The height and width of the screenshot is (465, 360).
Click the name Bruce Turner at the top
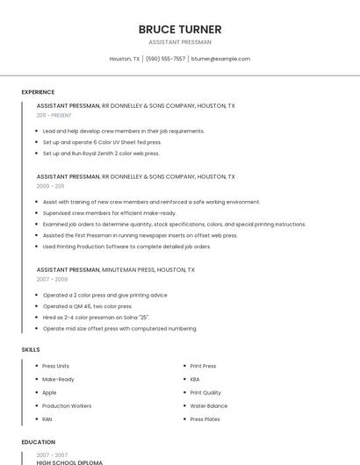[180, 29]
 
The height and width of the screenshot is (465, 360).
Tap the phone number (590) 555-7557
[165, 59]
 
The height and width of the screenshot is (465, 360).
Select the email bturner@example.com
[220, 59]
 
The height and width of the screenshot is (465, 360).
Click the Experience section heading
[38, 92]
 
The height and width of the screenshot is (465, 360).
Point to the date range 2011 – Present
[54, 115]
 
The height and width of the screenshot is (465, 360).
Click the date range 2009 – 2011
[50, 186]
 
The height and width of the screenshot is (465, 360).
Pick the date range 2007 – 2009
[52, 279]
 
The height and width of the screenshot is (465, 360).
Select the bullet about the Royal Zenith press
[101, 153]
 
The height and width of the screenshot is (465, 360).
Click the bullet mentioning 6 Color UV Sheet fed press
[102, 142]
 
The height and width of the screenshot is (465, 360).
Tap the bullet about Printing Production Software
[126, 247]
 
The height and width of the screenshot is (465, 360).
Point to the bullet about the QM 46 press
[88, 306]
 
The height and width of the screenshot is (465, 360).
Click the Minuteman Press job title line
[115, 270]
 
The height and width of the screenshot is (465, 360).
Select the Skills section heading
[31, 350]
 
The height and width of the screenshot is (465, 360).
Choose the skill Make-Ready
[58, 380]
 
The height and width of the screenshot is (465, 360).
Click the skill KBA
[195, 380]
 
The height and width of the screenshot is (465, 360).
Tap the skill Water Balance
[209, 406]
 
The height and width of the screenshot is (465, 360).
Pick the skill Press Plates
[205, 419]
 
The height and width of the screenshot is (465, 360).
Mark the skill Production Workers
[67, 406]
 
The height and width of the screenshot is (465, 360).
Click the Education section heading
[39, 442]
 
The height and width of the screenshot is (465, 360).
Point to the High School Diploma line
[69, 462]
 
